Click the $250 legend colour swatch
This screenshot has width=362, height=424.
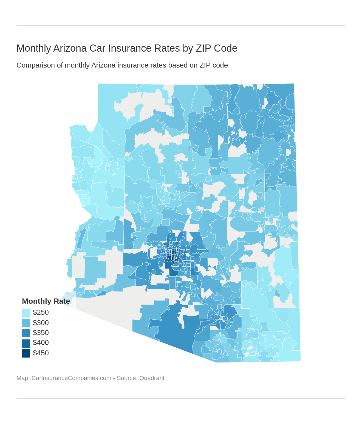click(26, 313)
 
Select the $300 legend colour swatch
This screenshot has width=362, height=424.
click(26, 323)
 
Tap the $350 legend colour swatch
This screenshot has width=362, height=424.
click(26, 333)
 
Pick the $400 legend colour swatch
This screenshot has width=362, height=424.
click(26, 343)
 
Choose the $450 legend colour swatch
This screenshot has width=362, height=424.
click(26, 353)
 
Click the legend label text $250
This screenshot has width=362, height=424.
click(41, 313)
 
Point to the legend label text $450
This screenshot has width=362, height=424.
click(41, 353)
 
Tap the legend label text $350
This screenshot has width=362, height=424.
click(41, 333)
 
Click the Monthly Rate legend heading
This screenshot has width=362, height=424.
click(46, 301)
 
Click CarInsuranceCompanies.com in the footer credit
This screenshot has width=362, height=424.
click(71, 378)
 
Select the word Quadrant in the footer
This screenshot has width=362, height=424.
click(152, 378)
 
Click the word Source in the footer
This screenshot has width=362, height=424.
click(126, 378)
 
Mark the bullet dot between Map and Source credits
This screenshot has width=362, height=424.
click(114, 378)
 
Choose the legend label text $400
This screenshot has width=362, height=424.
click(41, 343)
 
